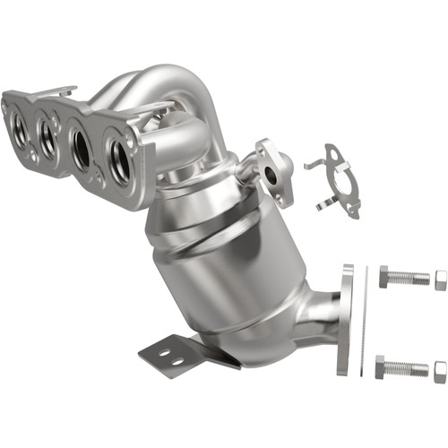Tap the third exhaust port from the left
point(82,147)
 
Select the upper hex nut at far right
point(440,280)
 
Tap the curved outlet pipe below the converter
point(309,323)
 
